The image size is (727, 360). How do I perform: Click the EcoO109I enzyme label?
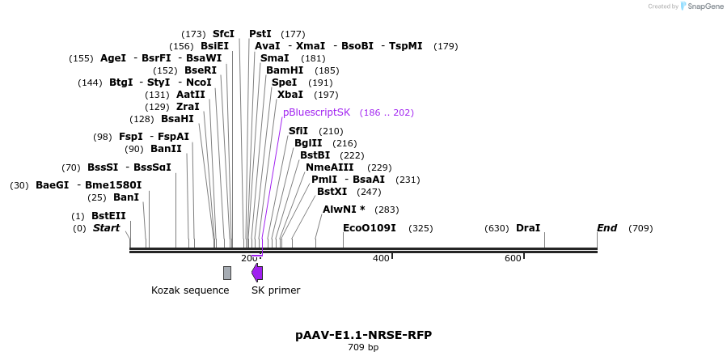[x=370, y=228]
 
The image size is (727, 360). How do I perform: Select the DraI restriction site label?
[x=527, y=228]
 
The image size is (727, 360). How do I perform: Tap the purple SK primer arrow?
[x=257, y=273]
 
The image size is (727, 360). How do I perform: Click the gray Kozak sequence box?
[x=227, y=273]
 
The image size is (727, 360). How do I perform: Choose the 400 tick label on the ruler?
[x=381, y=258]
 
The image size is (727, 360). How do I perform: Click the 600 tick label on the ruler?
[x=513, y=258]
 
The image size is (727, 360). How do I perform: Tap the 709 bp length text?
[x=363, y=347]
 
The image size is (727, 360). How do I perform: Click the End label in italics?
[x=607, y=228]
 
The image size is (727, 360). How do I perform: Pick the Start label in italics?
[x=106, y=228]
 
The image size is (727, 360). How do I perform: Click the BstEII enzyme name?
[x=108, y=216]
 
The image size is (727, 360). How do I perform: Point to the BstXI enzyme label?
[x=332, y=192]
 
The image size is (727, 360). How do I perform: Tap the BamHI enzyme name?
[x=285, y=70]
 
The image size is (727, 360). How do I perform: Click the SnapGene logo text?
[x=706, y=6]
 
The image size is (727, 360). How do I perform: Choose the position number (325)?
[x=421, y=228]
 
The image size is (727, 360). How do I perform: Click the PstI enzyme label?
[x=260, y=34]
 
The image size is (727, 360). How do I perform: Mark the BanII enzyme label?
[x=166, y=149]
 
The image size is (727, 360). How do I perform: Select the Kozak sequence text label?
[x=190, y=290]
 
